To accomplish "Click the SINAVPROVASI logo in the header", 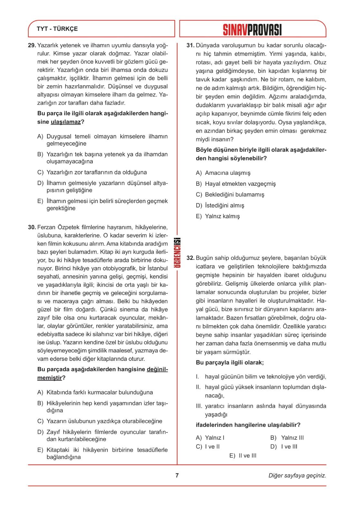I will (x=252, y=29).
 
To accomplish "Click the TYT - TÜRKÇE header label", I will (x=57, y=29).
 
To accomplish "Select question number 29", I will (x=32, y=45).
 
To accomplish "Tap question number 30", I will (x=32, y=227).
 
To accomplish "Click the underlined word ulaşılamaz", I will (x=66, y=122).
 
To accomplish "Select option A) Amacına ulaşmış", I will (x=223, y=173).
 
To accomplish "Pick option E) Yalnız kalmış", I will (x=218, y=216).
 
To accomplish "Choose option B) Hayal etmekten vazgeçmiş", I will (x=236, y=184).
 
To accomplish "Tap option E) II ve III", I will (x=243, y=455).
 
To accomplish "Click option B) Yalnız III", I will (x=287, y=437).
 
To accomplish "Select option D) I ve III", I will (x=284, y=446).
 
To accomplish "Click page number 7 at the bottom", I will (x=177, y=475).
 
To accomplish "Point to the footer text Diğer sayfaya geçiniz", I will (x=297, y=475).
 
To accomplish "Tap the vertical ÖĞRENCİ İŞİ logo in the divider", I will (x=177, y=253).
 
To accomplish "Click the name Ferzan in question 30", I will (x=47, y=227).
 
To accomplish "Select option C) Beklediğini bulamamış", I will (x=230, y=194).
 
